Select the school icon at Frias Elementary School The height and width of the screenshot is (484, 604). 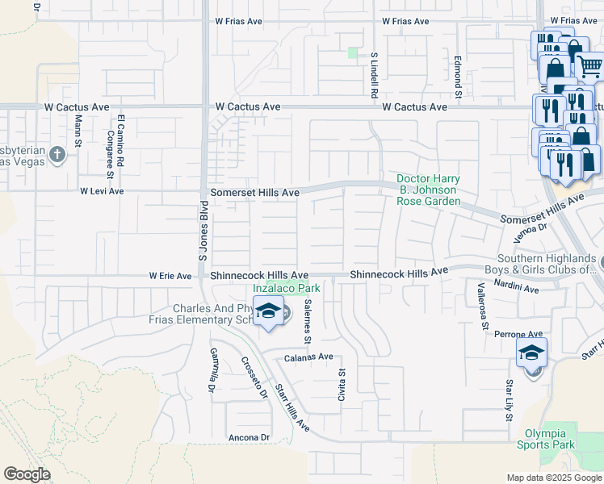click(x=269, y=311)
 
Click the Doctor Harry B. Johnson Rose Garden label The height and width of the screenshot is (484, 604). click(x=428, y=190)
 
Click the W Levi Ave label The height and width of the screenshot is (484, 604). click(x=102, y=191)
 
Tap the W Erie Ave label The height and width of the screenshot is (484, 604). click(x=170, y=276)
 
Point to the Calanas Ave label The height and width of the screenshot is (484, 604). click(x=308, y=357)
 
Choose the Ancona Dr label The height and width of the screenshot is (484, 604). click(x=249, y=437)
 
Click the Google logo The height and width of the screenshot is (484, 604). click(x=27, y=474)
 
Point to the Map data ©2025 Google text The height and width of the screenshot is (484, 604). click(x=553, y=478)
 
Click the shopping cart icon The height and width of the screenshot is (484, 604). click(x=590, y=66)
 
